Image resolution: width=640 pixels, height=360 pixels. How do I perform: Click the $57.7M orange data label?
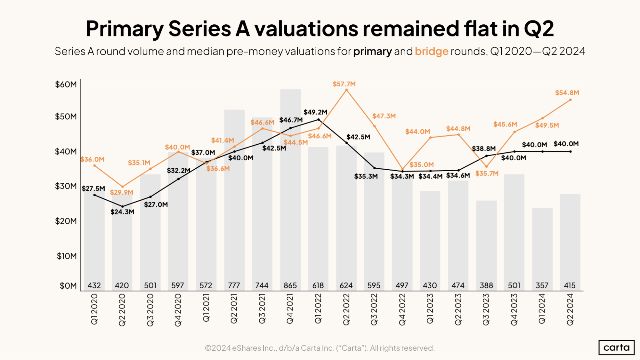pyautogui.click(x=344, y=84)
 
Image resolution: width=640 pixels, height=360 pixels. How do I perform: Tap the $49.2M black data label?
pyautogui.click(x=315, y=112)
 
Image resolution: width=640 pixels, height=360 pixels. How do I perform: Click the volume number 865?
pyautogui.click(x=290, y=285)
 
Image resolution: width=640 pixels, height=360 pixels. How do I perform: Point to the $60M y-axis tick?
pyautogui.click(x=66, y=84)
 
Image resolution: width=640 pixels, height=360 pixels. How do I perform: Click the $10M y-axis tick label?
pyautogui.click(x=67, y=256)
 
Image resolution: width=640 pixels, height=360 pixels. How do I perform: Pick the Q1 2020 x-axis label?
pyautogui.click(x=94, y=309)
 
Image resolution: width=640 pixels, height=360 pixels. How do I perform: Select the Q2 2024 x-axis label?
pyautogui.click(x=570, y=309)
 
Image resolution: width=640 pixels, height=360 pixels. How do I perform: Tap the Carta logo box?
pyautogui.click(x=616, y=348)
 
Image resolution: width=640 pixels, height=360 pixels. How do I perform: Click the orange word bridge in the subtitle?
pyautogui.click(x=431, y=51)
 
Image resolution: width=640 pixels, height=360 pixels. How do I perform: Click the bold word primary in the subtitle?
pyautogui.click(x=372, y=51)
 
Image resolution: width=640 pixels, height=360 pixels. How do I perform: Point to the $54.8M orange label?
pyautogui.click(x=567, y=93)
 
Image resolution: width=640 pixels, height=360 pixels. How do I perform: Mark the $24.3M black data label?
pyautogui.click(x=122, y=212)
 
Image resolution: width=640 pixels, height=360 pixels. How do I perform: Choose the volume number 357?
pyautogui.click(x=542, y=285)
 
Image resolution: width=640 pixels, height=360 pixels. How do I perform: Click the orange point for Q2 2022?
pyautogui.click(x=346, y=90)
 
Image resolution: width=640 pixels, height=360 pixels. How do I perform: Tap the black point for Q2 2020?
pyautogui.click(x=122, y=206)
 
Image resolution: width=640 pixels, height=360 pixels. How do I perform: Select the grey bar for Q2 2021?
pyautogui.click(x=234, y=198)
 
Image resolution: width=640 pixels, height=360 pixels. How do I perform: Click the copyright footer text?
pyautogui.click(x=320, y=348)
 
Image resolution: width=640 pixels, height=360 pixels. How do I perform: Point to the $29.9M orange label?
pyautogui.click(x=122, y=192)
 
